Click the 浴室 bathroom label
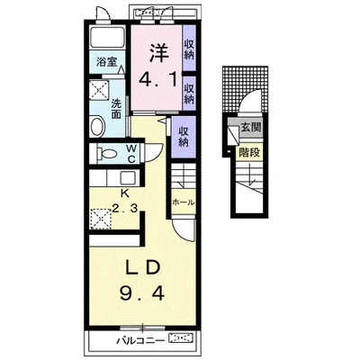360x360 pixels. click(106, 62)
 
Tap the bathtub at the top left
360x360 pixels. click(107, 37)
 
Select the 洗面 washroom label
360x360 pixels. click(116, 109)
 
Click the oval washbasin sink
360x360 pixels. click(97, 127)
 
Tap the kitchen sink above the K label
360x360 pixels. click(128, 178)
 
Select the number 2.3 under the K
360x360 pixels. click(125, 207)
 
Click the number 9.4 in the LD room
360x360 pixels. click(142, 292)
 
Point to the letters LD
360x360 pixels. click(141, 268)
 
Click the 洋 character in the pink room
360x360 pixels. click(157, 53)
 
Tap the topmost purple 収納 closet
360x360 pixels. click(189, 49)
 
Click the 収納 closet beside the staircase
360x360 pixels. click(184, 137)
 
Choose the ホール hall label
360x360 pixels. click(184, 202)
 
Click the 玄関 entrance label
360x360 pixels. click(251, 128)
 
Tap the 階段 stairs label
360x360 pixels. click(249, 153)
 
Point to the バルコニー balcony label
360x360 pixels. click(140, 340)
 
